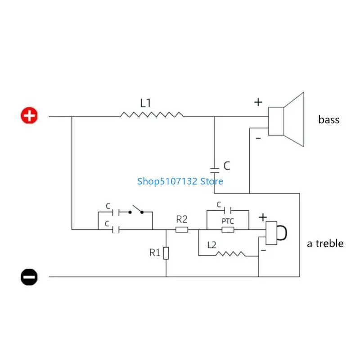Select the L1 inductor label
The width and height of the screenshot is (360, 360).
point(145,103)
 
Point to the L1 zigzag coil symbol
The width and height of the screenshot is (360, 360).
point(152,116)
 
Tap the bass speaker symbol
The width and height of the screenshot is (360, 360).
point(288,120)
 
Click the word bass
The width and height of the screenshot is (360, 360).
point(329,120)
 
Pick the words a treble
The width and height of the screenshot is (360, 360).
point(325,243)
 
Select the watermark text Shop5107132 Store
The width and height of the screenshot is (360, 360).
point(180,181)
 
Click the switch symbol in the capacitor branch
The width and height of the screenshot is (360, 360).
point(136,210)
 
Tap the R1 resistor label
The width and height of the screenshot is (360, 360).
point(155,252)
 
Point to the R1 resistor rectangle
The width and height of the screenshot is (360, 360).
point(166,253)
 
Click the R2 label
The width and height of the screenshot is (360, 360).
point(181,220)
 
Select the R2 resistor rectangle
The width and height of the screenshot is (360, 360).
point(182,230)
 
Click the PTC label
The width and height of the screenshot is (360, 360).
point(228,221)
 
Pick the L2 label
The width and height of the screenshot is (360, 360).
point(212,245)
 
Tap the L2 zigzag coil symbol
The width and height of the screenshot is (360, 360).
point(230,254)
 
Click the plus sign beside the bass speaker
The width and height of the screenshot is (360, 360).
point(258,102)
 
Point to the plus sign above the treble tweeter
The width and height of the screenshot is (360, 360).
point(263,217)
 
